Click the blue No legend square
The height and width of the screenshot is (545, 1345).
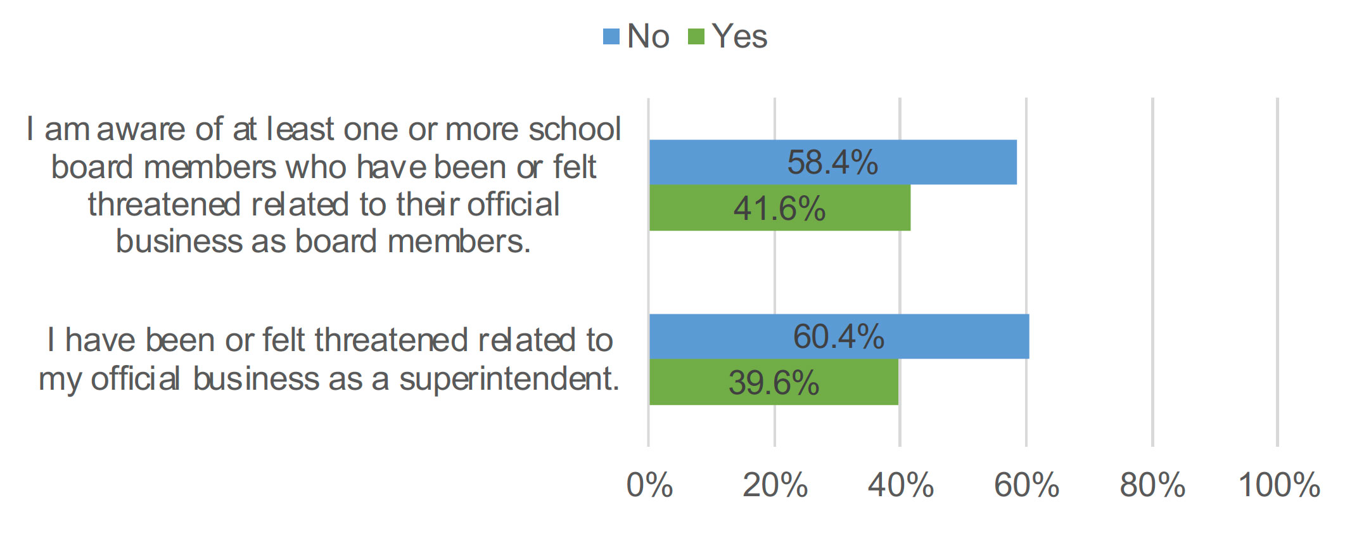coord(611,37)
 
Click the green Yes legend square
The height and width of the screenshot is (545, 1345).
coord(696,37)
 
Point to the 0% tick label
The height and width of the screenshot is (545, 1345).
coord(649,485)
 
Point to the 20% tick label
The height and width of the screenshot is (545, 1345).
coord(775,485)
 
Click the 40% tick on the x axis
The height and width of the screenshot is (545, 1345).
coord(900,485)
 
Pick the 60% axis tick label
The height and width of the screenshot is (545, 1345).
coord(1026,485)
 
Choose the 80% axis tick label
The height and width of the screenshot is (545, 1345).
coord(1152,485)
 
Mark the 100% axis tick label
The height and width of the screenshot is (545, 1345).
coord(1278,485)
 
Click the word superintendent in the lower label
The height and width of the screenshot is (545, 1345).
coord(509,380)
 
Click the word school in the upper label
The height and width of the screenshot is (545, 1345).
coord(575,129)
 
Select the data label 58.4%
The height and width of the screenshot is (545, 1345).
coord(832,162)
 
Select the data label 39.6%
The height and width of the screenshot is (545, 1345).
coord(774,383)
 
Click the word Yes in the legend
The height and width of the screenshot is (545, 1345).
coord(739,36)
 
